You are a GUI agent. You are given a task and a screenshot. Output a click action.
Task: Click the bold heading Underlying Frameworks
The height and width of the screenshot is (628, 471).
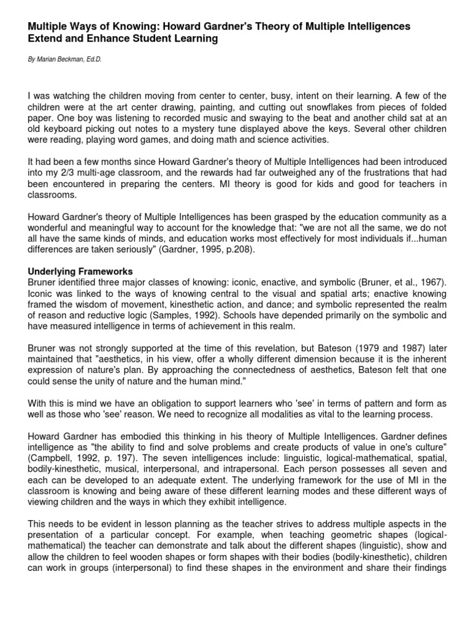click(x=80, y=272)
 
